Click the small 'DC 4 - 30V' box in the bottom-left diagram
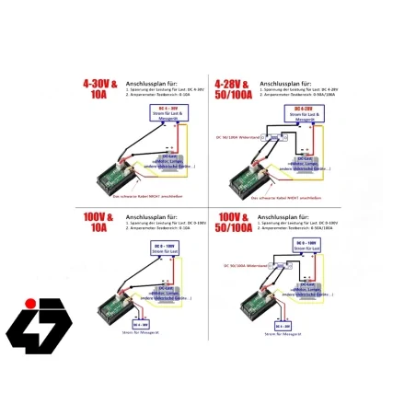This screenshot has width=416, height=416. (x=142, y=325)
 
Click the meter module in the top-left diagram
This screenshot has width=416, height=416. (x=119, y=172)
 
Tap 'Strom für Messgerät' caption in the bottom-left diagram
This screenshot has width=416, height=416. (x=142, y=339)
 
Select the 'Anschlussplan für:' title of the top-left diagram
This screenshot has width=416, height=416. (x=153, y=81)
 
